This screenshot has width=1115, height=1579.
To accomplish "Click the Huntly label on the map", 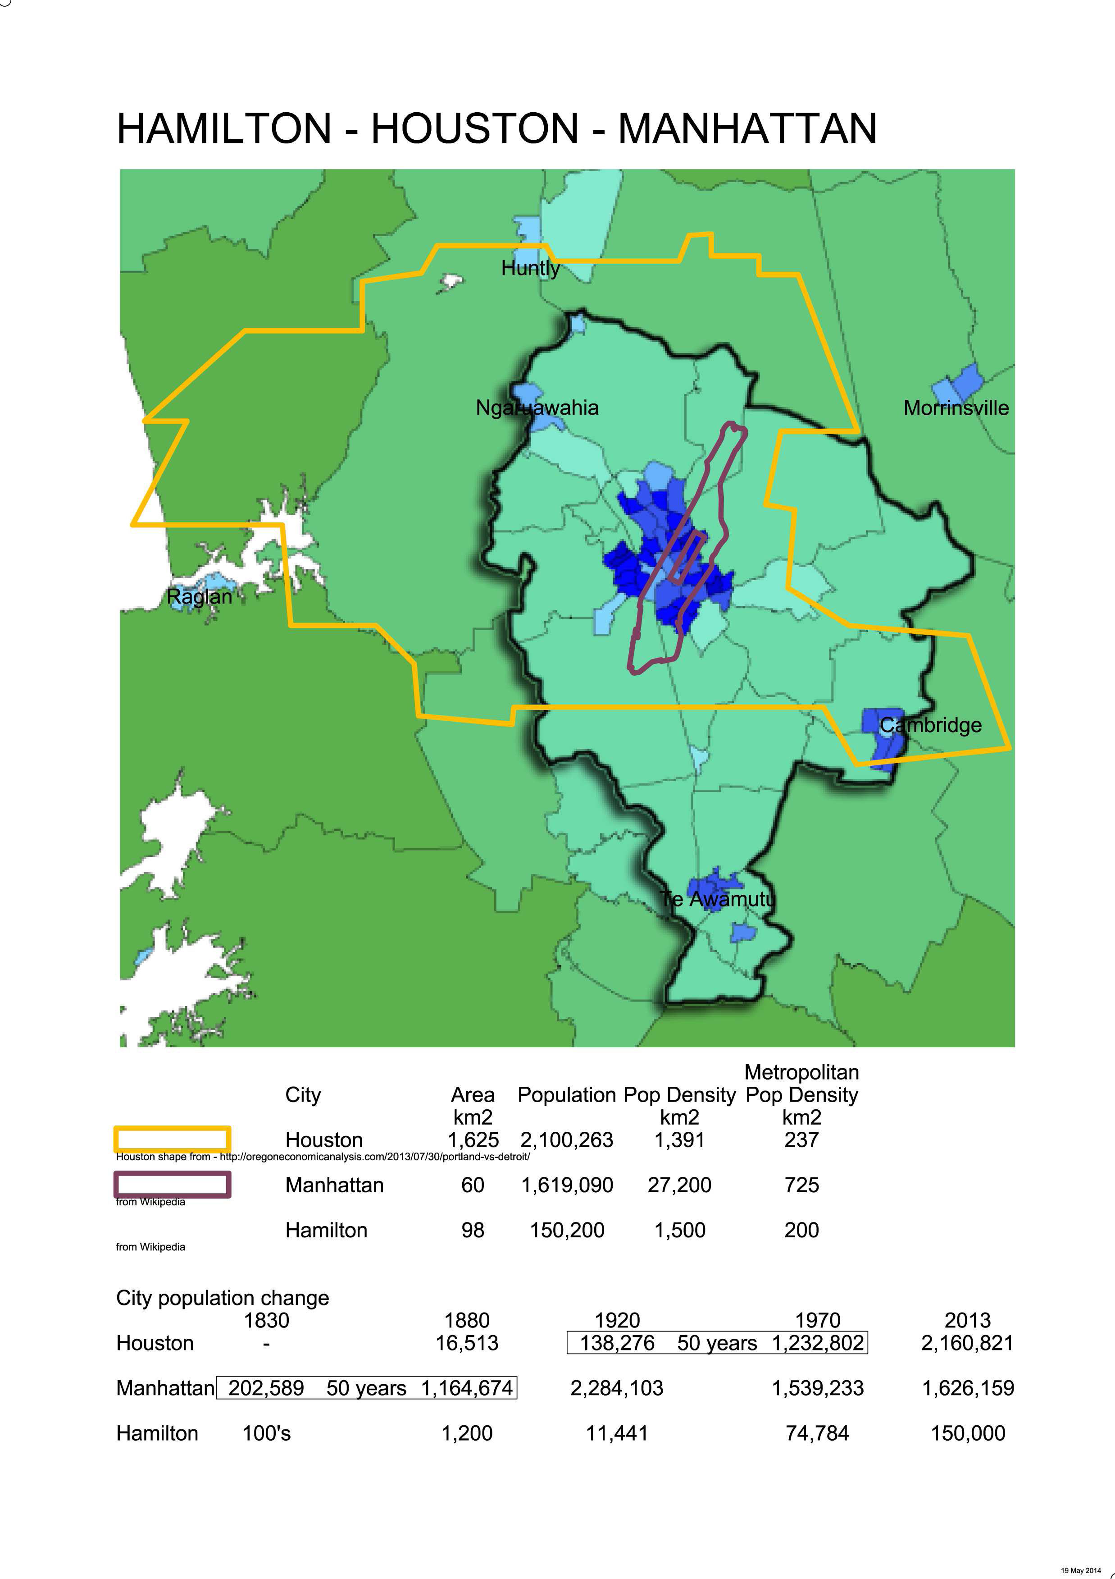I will (x=530, y=268).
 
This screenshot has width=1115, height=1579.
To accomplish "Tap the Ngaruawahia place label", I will (x=537, y=408).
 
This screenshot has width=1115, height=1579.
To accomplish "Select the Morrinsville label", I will (x=956, y=408).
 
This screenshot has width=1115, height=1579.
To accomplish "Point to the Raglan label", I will (x=200, y=596).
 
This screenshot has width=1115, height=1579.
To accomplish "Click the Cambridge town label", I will (x=930, y=725).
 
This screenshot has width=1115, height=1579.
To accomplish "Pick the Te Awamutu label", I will (x=717, y=899).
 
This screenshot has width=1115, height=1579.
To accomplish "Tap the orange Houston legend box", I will (x=172, y=1139).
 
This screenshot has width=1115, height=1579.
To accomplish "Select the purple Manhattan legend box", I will (x=172, y=1184).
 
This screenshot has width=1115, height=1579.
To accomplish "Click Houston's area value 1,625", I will (x=473, y=1140).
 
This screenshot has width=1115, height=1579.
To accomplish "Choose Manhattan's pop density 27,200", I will (x=679, y=1185).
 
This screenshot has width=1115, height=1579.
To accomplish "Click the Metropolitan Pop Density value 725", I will (x=801, y=1185).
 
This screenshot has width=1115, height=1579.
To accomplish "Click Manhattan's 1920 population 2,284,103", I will (x=617, y=1388).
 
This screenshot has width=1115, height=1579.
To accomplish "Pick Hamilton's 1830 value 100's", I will (x=266, y=1433).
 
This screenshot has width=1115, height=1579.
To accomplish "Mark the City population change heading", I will (x=223, y=1298).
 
